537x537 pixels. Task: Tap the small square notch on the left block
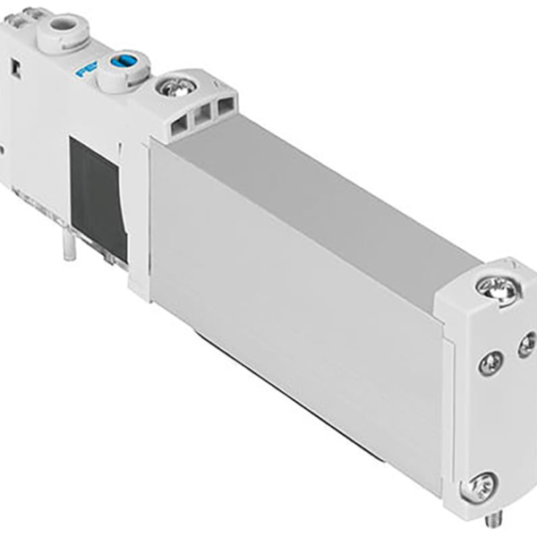tap(16, 66)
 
